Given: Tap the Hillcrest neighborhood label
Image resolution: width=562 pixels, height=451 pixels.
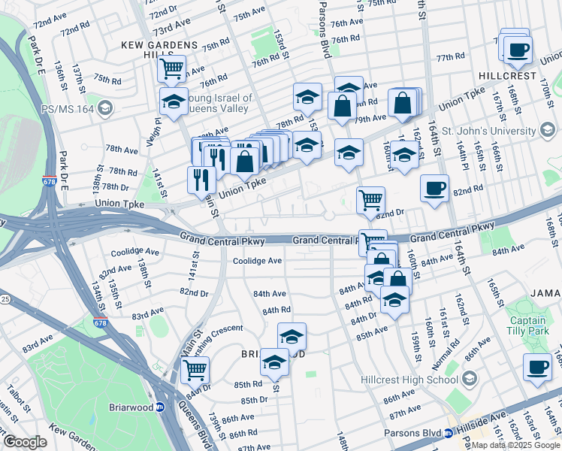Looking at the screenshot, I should [508, 76].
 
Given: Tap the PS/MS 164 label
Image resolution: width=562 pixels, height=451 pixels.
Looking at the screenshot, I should [64, 109].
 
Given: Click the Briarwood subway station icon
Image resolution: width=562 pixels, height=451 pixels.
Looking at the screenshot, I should [159, 407].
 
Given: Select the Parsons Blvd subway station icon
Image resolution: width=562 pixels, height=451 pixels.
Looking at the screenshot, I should [449, 433].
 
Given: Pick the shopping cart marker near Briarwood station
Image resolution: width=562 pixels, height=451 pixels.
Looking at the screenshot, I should [195, 369].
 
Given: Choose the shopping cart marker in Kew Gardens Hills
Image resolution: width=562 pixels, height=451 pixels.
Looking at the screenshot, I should [172, 69].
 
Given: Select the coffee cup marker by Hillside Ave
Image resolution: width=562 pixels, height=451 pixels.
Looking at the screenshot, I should [536, 367].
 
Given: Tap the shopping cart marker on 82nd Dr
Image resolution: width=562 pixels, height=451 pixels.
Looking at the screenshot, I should [370, 199].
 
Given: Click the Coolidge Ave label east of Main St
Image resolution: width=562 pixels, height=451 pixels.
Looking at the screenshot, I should [257, 261].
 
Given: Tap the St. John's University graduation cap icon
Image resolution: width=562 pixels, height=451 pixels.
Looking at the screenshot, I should [549, 131].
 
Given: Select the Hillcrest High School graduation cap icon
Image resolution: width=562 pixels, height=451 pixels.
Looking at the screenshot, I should [470, 377].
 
